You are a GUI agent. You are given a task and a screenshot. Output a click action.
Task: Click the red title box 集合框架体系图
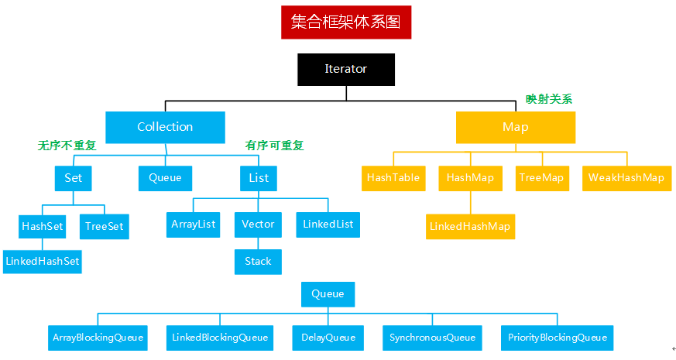pos(346,22)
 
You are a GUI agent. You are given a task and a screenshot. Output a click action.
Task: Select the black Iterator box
pos(346,69)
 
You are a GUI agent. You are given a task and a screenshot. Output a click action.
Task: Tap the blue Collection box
pos(165,127)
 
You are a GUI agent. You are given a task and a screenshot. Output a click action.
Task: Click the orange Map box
pos(515,127)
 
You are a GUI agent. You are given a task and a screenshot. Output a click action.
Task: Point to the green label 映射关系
pos(548,99)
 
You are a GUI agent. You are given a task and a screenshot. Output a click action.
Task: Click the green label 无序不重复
pos(67,146)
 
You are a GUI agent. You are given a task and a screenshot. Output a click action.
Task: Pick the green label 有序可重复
pos(275,146)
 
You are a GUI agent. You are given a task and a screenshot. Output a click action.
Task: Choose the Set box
pos(73,178)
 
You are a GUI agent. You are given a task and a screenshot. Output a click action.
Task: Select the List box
pos(259,178)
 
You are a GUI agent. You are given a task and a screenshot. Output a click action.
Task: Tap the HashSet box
pos(42,226)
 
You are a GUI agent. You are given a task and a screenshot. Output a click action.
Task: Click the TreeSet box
pos(104,226)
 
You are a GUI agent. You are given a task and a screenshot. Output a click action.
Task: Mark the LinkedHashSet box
pos(42,261)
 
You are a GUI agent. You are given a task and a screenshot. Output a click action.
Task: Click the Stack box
pos(258,261)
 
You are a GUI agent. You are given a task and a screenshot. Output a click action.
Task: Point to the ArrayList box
pos(193,225)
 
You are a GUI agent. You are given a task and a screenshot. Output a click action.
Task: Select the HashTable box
pos(393,177)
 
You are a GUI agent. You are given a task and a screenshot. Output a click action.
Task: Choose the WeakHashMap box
pos(626,177)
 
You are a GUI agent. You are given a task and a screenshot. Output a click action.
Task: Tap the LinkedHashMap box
pos(470,226)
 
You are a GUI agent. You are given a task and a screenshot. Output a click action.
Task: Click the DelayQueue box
pos(328,337)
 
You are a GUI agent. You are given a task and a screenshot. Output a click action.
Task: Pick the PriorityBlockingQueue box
pos(557,337)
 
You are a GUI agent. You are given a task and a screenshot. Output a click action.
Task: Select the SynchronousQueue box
pos(432,337)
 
